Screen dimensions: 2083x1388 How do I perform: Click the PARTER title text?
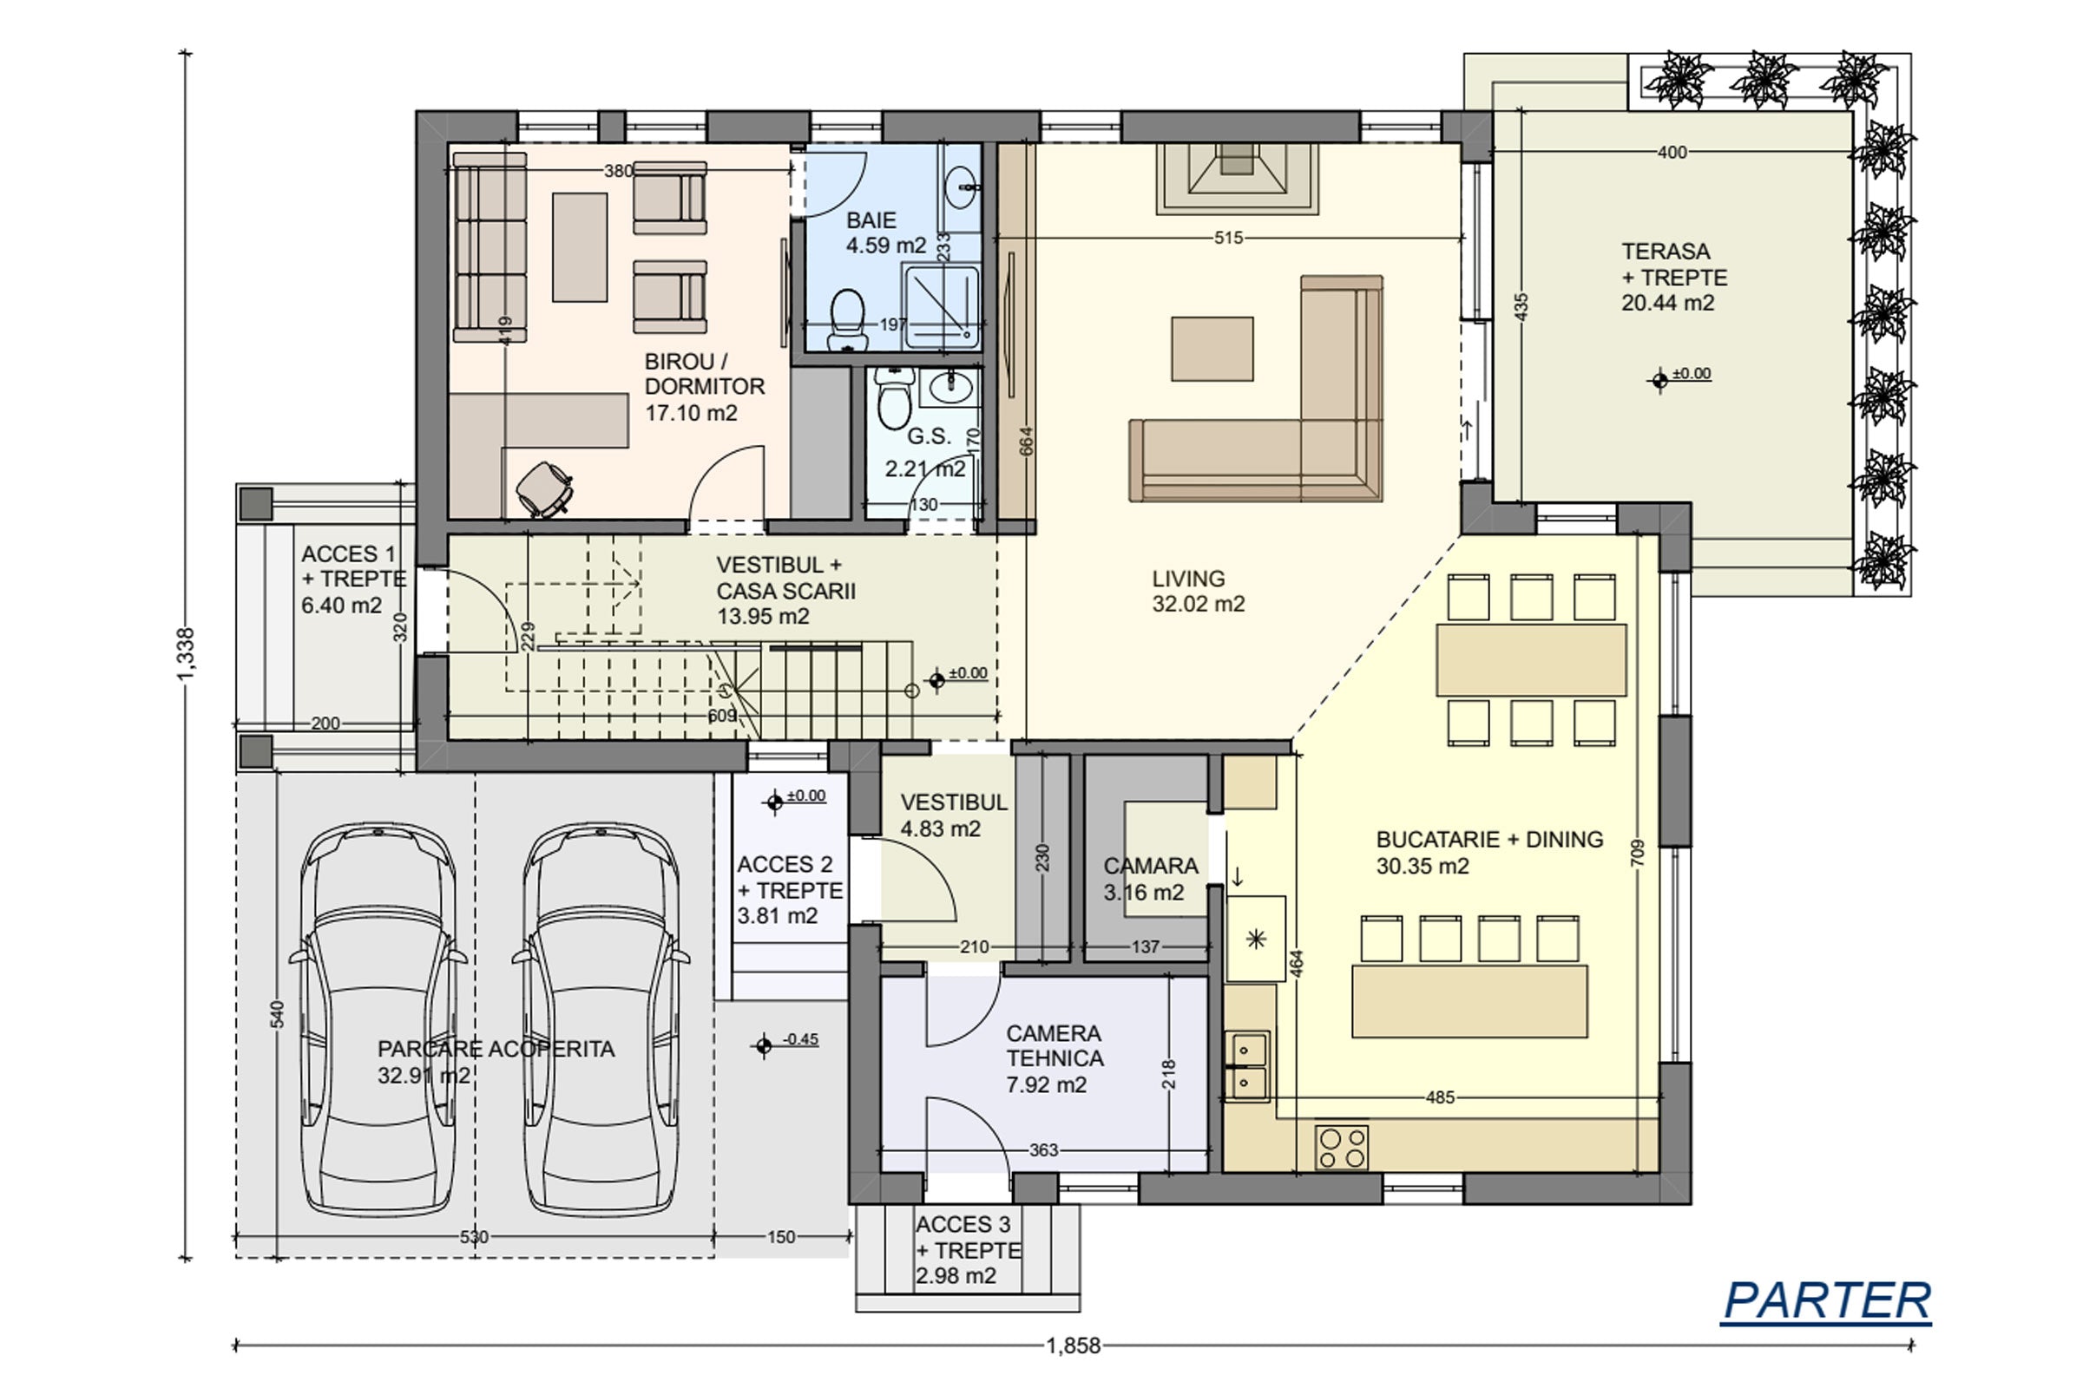[1826, 1300]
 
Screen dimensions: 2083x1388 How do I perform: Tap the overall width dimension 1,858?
[1074, 1345]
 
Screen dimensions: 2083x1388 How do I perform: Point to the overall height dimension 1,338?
[186, 655]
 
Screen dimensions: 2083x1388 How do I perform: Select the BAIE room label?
[871, 220]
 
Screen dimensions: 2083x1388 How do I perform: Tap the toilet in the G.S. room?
[895, 398]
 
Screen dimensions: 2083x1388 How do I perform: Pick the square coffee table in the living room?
[1212, 349]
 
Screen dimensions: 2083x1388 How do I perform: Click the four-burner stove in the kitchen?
[1342, 1147]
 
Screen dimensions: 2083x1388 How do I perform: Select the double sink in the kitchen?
[1247, 1066]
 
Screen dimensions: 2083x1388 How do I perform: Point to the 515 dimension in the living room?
[1228, 238]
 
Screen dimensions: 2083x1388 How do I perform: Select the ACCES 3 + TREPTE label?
[968, 1238]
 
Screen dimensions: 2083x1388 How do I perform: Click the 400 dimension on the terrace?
[1672, 153]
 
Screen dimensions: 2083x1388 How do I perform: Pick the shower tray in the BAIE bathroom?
[941, 307]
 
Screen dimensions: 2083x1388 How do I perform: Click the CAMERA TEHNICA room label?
[1055, 1046]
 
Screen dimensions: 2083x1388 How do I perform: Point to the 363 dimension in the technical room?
[1043, 1150]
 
